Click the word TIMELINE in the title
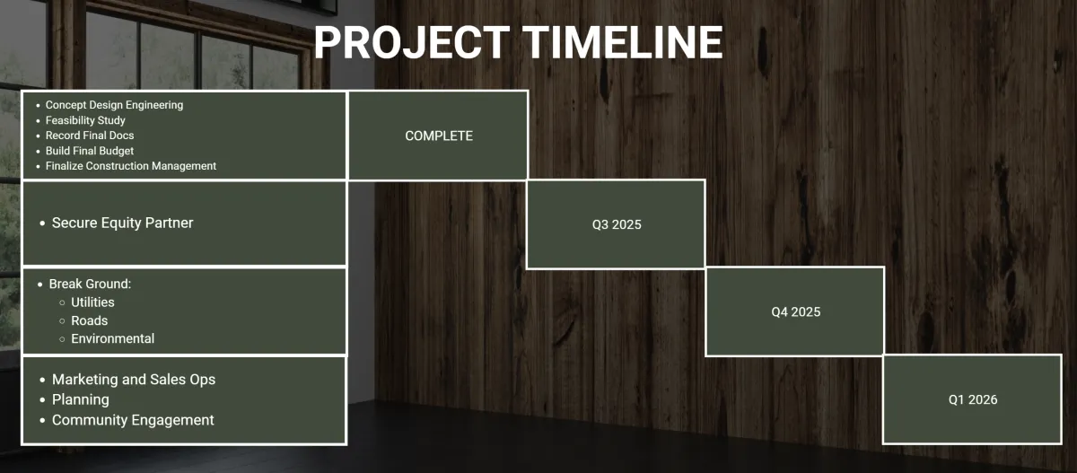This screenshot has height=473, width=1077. click(623, 42)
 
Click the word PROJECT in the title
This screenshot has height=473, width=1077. click(412, 42)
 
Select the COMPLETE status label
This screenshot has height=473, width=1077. click(439, 136)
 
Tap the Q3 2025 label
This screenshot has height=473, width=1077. click(617, 224)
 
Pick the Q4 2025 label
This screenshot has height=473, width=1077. click(796, 312)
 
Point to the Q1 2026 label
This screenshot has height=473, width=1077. click(973, 399)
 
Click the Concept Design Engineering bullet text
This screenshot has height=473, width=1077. click(115, 105)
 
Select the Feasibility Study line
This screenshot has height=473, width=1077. click(85, 120)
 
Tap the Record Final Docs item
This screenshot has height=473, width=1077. click(90, 136)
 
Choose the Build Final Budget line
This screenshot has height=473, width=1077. click(90, 151)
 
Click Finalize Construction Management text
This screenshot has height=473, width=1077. click(131, 166)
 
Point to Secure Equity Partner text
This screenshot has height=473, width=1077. click(123, 223)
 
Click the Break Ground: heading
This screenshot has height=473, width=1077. click(90, 285)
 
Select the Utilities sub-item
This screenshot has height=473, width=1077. click(92, 302)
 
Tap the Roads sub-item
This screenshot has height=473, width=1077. click(90, 320)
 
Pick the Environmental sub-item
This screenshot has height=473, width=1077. click(113, 339)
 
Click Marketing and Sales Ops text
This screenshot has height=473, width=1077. click(134, 380)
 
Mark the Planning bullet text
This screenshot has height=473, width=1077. click(81, 400)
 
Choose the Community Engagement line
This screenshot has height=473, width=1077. click(133, 420)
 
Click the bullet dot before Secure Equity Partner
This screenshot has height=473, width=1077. click(42, 223)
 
